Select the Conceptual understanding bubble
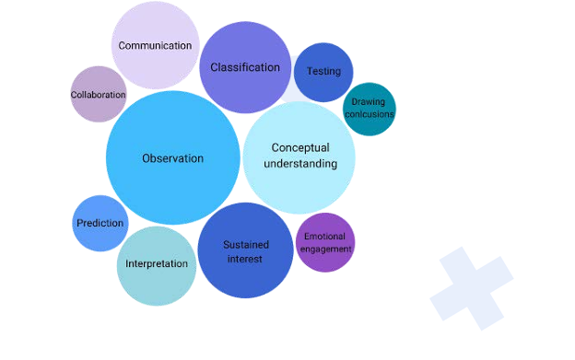pyautogui.click(x=299, y=157)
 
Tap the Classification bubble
pyautogui.click(x=245, y=67)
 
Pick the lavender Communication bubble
pyautogui.click(x=155, y=45)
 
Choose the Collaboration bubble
pyautogui.click(x=99, y=94)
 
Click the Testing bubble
pyautogui.click(x=323, y=72)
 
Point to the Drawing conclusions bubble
pyautogui.click(x=369, y=109)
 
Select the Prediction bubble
pyautogui.click(x=100, y=223)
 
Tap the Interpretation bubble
pyautogui.click(x=157, y=265)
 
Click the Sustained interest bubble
pyautogui.click(x=245, y=251)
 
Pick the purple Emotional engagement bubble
pyautogui.click(x=324, y=243)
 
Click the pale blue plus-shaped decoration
pyautogui.click(x=471, y=285)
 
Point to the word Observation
pyautogui.click(x=173, y=158)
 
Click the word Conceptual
pyautogui.click(x=299, y=148)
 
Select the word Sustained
pyautogui.click(x=246, y=245)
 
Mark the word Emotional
pyautogui.click(x=324, y=238)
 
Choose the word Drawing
pyautogui.click(x=369, y=103)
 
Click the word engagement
pyautogui.click(x=324, y=249)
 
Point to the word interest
pyautogui.click(x=245, y=259)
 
